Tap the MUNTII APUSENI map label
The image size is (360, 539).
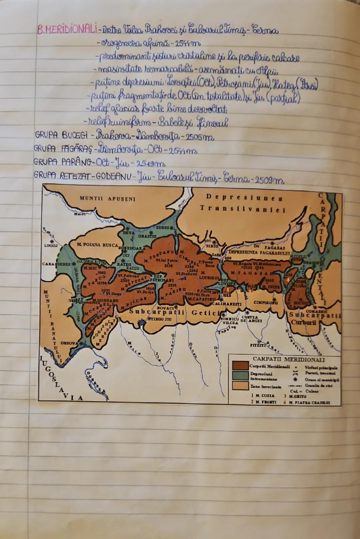coord(108,199)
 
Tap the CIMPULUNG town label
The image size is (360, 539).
coord(266,303)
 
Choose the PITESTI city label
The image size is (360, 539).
coord(257,345)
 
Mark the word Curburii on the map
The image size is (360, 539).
coord(303,323)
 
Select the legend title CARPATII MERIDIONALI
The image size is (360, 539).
coord(289,360)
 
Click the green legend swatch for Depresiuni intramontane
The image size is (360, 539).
coord(241,376)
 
